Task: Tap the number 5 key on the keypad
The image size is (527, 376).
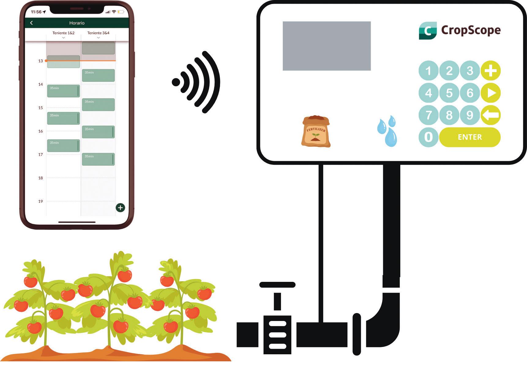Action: [x=449, y=93]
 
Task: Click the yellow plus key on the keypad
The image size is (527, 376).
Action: [x=491, y=71]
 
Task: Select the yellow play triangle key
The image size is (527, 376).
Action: [x=491, y=93]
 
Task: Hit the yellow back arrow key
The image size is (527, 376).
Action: [x=491, y=115]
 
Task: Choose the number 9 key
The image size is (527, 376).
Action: [x=469, y=115]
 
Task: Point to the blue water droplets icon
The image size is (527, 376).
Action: [x=387, y=131]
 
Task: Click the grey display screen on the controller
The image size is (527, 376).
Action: [x=327, y=46]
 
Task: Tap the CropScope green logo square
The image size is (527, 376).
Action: [x=428, y=31]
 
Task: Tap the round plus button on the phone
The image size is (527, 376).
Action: [x=120, y=208]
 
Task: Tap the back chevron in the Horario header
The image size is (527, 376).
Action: [x=32, y=23]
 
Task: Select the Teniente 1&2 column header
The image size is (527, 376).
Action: [x=63, y=33]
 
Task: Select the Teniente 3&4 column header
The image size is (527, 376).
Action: [x=98, y=33]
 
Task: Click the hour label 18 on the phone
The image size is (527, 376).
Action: [x=40, y=178]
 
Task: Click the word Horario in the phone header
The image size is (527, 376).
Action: [x=77, y=23]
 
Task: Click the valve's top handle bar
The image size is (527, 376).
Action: [x=277, y=285]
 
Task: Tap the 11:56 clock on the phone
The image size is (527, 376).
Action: [x=36, y=12]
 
